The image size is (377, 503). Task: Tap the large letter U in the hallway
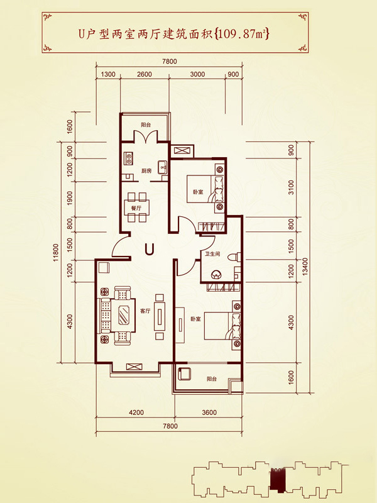(x=150, y=248)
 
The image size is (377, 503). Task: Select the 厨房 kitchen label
(x=146, y=170)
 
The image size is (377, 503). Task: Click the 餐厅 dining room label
(x=136, y=208)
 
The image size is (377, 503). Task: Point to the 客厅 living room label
(x=145, y=311)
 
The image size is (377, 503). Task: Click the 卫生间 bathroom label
(x=212, y=254)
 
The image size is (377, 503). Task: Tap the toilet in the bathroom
(x=232, y=257)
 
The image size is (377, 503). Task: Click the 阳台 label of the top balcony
(x=146, y=124)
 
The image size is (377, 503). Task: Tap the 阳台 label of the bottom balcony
(x=212, y=379)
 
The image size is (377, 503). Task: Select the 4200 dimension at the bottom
(x=136, y=412)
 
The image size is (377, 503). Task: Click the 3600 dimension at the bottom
(x=209, y=412)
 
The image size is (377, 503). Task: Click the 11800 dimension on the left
(x=57, y=253)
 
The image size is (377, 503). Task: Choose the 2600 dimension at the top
(x=145, y=74)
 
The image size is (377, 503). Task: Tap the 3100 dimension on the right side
(x=291, y=187)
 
